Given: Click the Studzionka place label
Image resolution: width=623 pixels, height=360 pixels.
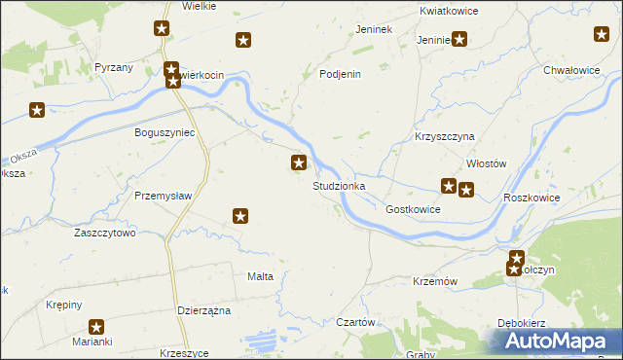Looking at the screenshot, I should [339, 186].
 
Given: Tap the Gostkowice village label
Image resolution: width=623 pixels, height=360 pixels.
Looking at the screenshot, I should [414, 209].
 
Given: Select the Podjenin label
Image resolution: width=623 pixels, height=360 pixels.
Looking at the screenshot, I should [341, 74].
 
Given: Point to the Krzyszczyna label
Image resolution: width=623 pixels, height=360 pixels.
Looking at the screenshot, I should [443, 137].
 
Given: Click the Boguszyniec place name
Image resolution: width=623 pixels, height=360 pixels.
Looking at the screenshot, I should [165, 131].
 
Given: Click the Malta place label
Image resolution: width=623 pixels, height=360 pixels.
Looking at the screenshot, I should [260, 276].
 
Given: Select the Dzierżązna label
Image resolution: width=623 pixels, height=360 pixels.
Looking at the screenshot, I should [203, 309].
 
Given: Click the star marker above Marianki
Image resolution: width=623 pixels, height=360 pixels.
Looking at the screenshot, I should [96, 328].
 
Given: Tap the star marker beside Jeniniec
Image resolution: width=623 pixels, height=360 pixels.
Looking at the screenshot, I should [459, 40].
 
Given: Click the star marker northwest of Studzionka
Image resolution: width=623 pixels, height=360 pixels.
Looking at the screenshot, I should [300, 163].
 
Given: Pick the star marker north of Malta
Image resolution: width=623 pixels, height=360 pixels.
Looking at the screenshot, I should [241, 216].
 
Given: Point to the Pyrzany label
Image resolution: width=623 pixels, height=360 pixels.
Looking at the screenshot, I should [114, 67].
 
